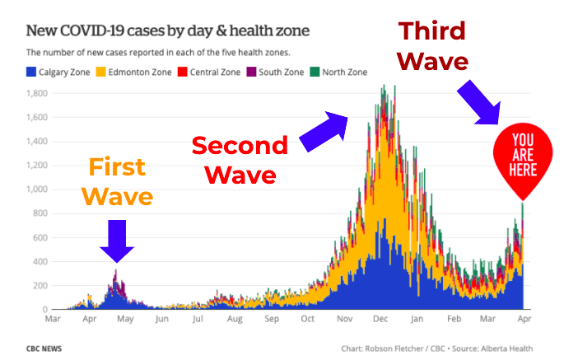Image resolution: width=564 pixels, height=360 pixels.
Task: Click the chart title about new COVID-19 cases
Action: tap(168, 31)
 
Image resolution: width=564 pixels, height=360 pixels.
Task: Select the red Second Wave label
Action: tap(240, 160)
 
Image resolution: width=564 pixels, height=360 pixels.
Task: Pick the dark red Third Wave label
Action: tap(433, 46)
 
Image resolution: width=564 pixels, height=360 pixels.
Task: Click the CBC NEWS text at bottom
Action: tap(43, 348)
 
